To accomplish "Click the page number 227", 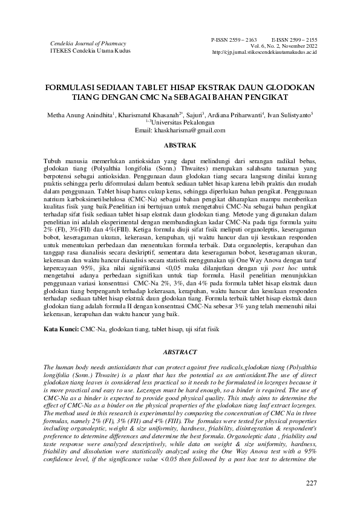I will [x=311, y=483].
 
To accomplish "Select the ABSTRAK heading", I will [x=180, y=146].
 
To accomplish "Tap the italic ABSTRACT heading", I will [x=180, y=352].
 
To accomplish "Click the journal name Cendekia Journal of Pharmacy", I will [x=88, y=44].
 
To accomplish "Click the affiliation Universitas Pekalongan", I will [x=182, y=123].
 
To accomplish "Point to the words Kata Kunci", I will [x=61, y=329].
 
